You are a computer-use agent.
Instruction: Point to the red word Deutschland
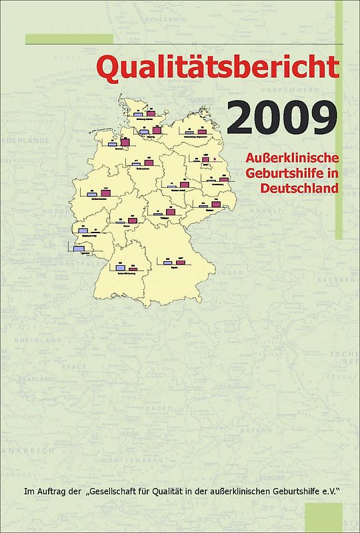tap(300, 188)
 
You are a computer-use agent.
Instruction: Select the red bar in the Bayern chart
tap(180, 263)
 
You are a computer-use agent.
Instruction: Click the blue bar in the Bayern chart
tap(168, 263)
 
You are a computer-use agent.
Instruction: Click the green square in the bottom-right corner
tap(323, 517)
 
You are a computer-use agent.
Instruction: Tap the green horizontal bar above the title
tap(69, 39)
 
